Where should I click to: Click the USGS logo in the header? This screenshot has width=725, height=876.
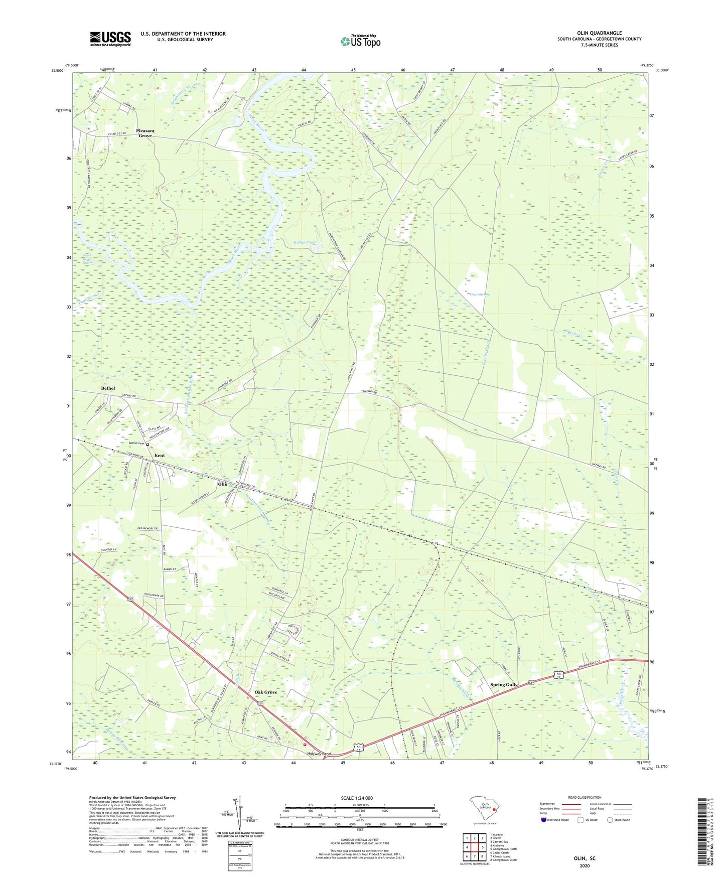pyautogui.click(x=110, y=39)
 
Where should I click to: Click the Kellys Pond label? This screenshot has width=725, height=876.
pyautogui.click(x=304, y=242)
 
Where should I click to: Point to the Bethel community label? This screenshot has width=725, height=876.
pyautogui.click(x=108, y=388)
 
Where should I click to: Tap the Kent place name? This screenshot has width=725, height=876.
pyautogui.click(x=160, y=456)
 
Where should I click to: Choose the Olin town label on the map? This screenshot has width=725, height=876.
pyautogui.click(x=222, y=484)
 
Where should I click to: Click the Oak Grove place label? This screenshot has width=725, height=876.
pyautogui.click(x=265, y=692)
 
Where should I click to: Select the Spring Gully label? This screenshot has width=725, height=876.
pyautogui.click(x=503, y=685)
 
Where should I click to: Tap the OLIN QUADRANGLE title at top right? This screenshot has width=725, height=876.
pyautogui.click(x=599, y=33)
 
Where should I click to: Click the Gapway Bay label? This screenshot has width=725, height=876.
pyautogui.click(x=479, y=295)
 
